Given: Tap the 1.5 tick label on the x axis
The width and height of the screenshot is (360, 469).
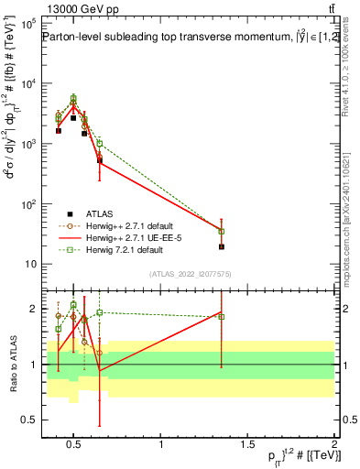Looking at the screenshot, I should point(248,445).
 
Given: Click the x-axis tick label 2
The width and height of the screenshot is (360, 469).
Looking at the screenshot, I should point(334,445).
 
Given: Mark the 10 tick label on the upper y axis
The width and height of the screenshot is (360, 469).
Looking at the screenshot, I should point(30,264).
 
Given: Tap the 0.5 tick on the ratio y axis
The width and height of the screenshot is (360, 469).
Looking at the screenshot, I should point(28,420).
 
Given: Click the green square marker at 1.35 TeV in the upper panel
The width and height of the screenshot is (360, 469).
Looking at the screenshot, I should point(222,232).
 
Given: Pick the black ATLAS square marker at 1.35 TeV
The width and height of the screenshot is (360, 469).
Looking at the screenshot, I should point(222,246).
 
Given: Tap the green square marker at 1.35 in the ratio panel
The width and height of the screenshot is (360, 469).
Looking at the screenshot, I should point(222,317).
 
